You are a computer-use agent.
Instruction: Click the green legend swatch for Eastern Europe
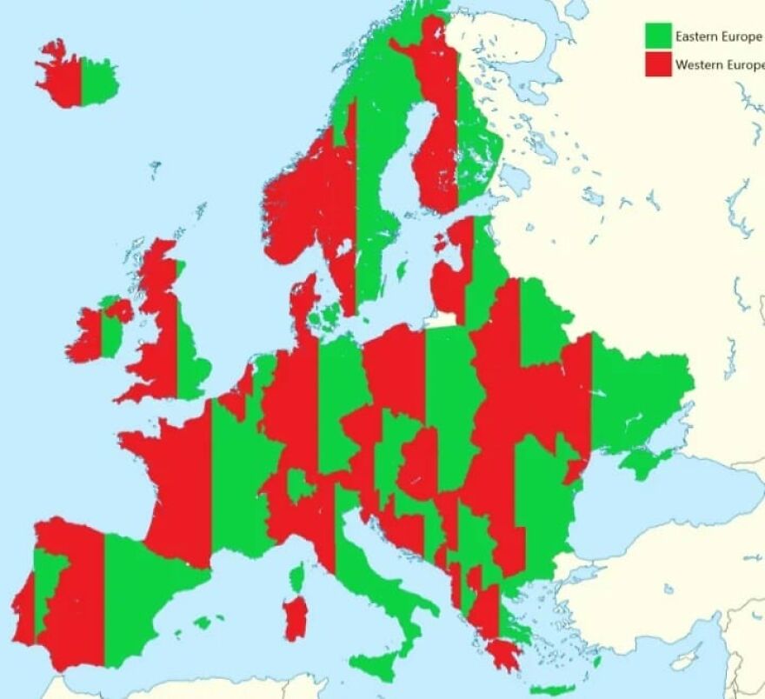[x=658, y=36]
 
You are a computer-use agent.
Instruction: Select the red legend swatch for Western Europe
[x=658, y=63]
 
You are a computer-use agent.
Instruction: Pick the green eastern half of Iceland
[x=97, y=80]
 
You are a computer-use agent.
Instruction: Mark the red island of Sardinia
[x=296, y=616]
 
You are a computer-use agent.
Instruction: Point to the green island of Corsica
[x=298, y=576]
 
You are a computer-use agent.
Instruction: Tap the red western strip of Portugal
[x=23, y=609]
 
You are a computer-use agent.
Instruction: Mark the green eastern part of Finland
[x=474, y=156]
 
